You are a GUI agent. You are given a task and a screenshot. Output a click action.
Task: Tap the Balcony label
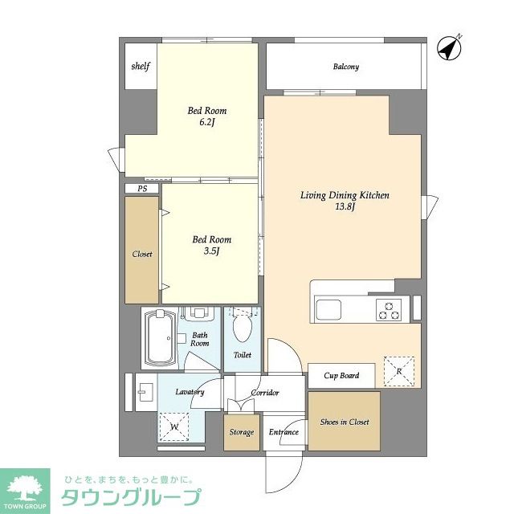345,67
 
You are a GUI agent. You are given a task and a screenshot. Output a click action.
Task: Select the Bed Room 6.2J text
206,116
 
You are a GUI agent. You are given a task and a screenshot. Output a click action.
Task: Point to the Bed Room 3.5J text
211,245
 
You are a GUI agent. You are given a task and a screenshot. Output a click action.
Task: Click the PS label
142,189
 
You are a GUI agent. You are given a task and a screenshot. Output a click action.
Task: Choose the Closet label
141,254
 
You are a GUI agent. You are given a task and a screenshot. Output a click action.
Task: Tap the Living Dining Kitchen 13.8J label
345,201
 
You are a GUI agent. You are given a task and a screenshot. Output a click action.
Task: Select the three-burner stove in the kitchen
390,309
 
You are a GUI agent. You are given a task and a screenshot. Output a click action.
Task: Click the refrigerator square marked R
399,371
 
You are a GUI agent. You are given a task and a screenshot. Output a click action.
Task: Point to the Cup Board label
341,375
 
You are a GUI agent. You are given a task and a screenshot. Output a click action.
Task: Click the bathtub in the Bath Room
160,339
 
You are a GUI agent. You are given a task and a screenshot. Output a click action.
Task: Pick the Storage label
242,432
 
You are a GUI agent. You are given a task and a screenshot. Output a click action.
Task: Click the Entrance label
283,432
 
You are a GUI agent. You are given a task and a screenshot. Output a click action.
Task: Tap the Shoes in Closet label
345,422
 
